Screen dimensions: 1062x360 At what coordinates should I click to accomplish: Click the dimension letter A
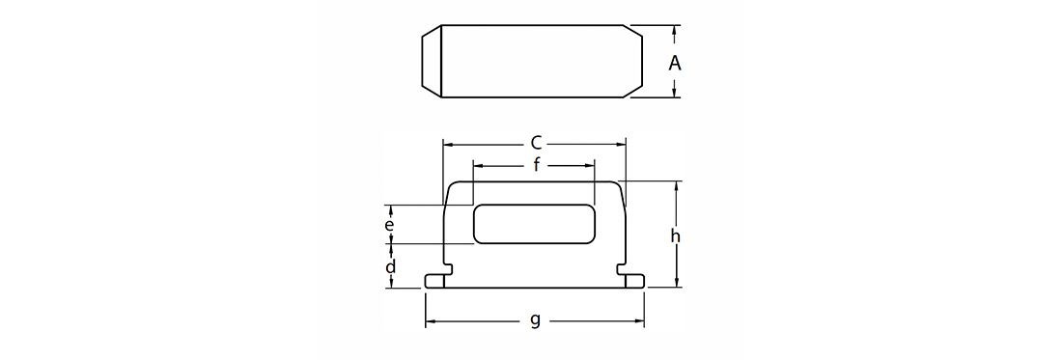pyautogui.click(x=675, y=63)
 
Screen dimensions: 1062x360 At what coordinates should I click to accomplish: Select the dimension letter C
pyautogui.click(x=536, y=144)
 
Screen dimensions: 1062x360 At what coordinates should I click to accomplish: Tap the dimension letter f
pyautogui.click(x=537, y=164)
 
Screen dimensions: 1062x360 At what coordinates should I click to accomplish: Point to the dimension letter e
pyautogui.click(x=389, y=225)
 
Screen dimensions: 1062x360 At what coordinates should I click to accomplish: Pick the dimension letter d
pyautogui.click(x=391, y=266)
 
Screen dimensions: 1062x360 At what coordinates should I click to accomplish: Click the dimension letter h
pyautogui.click(x=675, y=235)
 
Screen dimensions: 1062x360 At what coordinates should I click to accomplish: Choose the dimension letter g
pyautogui.click(x=535, y=320)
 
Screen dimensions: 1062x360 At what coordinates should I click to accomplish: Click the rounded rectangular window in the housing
pyautogui.click(x=534, y=223)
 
